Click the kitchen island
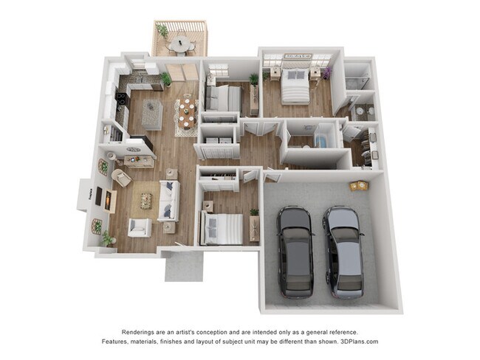pyautogui.click(x=152, y=114)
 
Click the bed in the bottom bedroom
pyautogui.click(x=223, y=228)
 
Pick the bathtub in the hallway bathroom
pyautogui.click(x=323, y=140)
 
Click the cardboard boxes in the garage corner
pyautogui.click(x=359, y=185)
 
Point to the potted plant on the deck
pyautogui.click(x=162, y=32)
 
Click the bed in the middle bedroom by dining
pyautogui.click(x=224, y=97)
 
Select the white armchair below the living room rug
pyautogui.click(x=139, y=227)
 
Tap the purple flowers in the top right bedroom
pyautogui.click(x=327, y=72)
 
